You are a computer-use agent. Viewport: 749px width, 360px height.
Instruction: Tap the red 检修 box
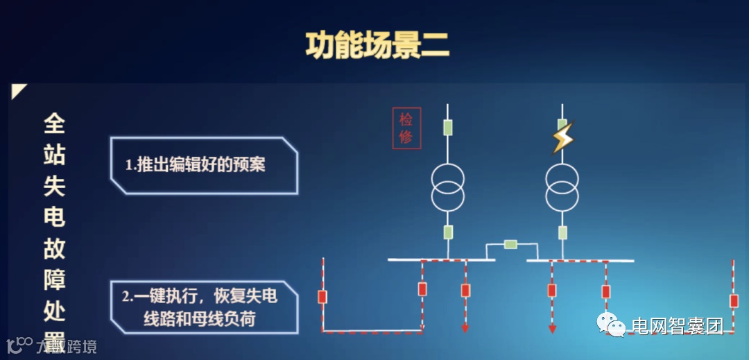coord(406,128)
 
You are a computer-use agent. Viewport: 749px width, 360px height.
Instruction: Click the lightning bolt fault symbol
coord(562,137)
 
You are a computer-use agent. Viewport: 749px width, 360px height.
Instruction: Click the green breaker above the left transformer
coord(448,127)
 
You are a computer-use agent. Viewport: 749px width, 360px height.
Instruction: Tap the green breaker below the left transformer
coord(448,232)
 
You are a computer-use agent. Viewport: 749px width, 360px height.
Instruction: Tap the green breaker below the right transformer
coord(562,232)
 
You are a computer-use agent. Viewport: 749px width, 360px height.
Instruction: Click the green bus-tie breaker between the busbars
coord(510,243)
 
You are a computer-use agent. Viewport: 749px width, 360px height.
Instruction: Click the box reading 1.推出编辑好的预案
coord(204,164)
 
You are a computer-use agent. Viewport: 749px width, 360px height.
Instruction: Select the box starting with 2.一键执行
coord(204,307)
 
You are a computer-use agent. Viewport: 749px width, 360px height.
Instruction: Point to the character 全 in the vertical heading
coord(54,124)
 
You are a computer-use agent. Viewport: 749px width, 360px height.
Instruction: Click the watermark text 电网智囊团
coord(676,325)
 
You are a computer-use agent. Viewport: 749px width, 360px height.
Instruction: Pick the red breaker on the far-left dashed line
coord(322,297)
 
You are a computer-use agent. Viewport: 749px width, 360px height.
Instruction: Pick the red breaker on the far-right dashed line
coord(734,300)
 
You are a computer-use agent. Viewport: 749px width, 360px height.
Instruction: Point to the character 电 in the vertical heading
coord(54,216)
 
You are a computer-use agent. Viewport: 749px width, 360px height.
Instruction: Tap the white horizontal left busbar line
coord(441,259)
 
